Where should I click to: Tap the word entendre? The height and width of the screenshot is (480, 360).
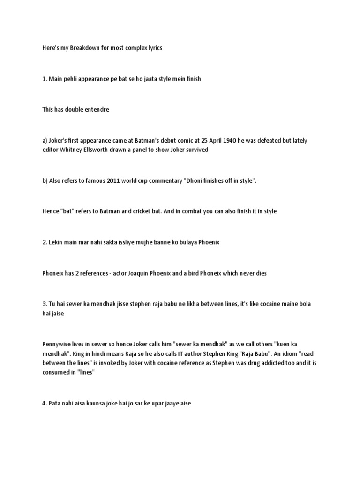tap(97, 109)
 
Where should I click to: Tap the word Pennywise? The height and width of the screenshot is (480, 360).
tap(56, 345)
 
